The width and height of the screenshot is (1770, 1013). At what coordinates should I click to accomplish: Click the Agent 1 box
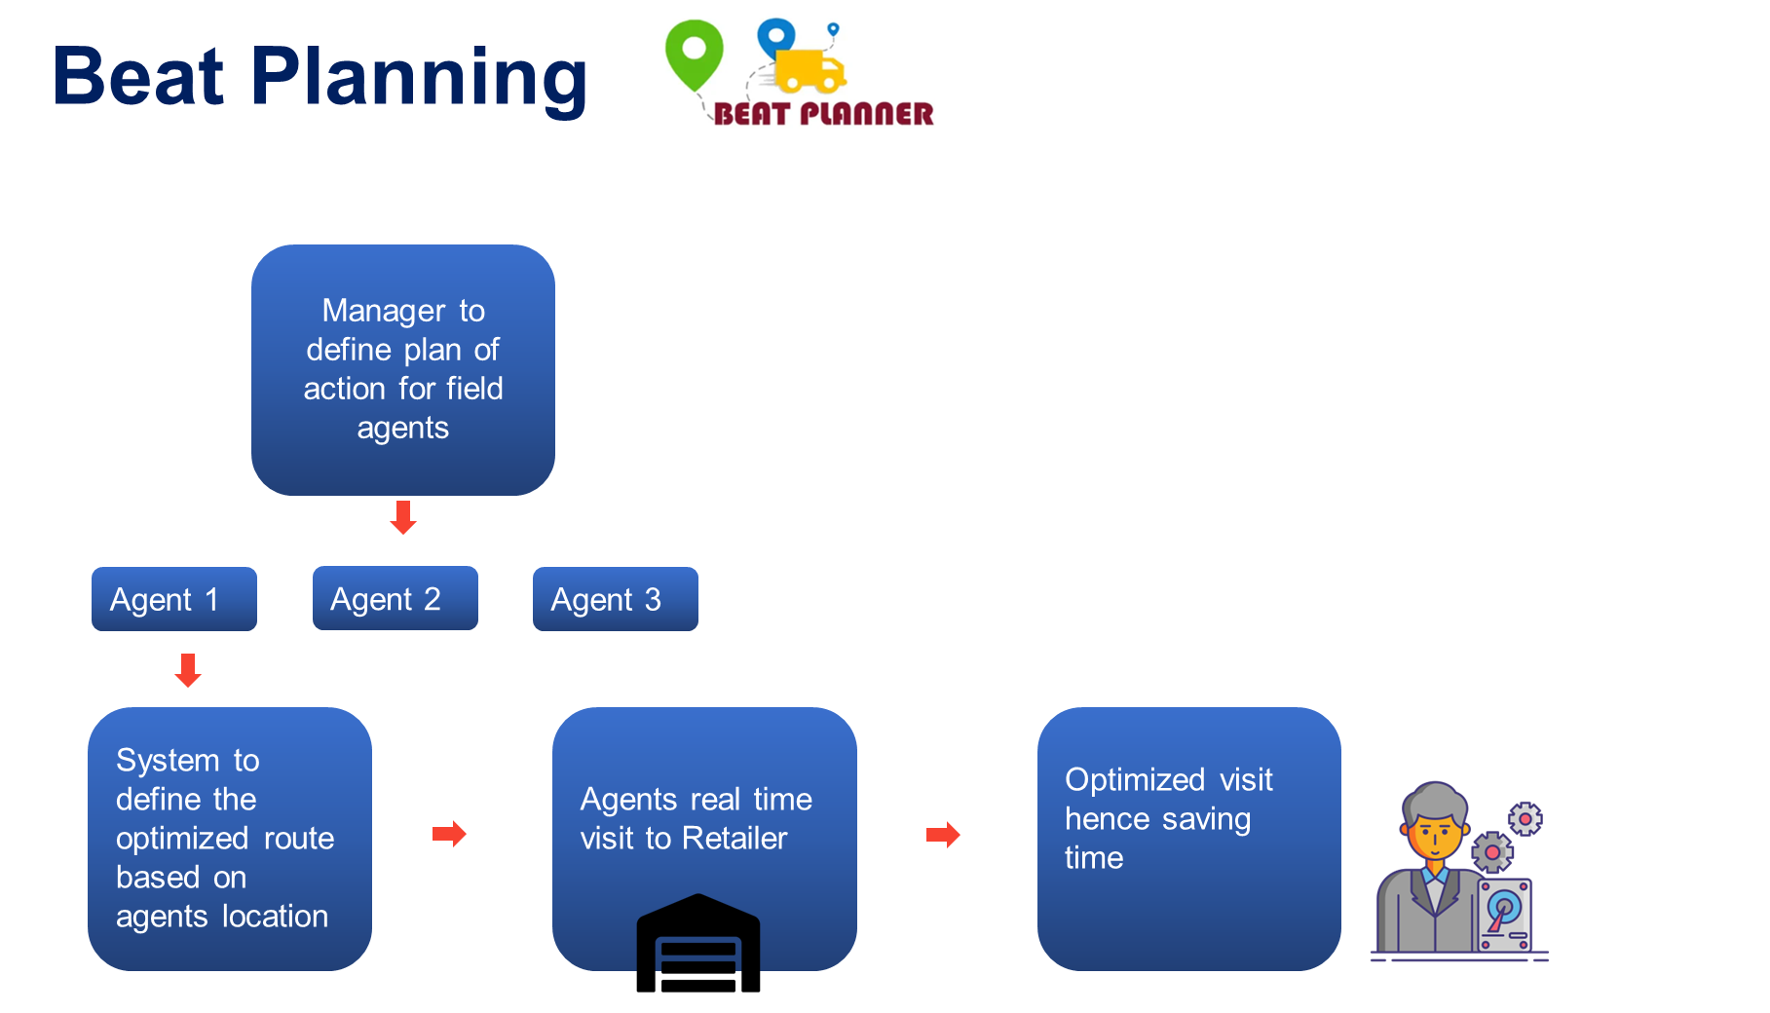173,599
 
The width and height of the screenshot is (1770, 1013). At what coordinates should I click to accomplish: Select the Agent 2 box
395,598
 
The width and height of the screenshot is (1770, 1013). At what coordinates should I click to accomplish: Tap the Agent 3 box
615,599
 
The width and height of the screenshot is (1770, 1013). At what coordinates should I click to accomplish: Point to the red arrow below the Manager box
403,517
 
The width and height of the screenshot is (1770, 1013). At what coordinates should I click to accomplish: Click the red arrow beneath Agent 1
188,670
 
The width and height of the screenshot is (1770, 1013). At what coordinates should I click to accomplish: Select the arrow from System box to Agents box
449,834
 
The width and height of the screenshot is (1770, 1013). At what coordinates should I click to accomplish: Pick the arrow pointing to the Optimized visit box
943,835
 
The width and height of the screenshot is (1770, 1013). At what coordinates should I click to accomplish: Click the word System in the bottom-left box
168,761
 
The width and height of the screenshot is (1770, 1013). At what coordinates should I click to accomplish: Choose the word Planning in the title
419,78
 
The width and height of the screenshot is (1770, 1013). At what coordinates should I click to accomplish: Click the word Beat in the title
138,78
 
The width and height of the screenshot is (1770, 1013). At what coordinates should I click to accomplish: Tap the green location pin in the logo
694,53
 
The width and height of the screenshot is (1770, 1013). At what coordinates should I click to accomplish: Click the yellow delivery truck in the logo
810,71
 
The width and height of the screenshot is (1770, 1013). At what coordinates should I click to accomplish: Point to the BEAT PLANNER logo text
823,114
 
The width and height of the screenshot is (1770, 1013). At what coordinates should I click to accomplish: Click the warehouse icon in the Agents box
698,934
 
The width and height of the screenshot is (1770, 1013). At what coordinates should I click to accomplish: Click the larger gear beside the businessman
1491,852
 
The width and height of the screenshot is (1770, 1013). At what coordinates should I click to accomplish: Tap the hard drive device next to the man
1505,915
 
